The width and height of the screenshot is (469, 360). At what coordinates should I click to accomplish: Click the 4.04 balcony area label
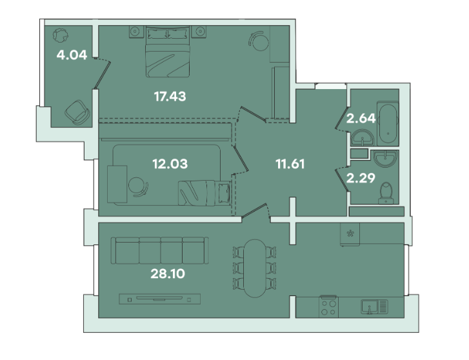coord(72,55)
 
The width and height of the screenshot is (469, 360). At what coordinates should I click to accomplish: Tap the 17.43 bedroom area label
coord(170,96)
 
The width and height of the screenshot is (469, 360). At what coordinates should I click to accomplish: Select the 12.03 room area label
coord(170,164)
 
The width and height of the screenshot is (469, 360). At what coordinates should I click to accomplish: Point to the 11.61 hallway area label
coord(290,164)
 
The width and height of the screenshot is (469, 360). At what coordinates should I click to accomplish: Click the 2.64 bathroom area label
coord(361,118)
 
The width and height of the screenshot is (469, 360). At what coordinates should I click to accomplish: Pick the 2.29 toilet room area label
coord(361,178)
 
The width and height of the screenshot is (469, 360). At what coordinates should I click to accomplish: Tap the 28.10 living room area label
coord(168,274)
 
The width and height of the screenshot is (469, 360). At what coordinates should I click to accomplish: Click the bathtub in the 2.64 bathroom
coord(388,123)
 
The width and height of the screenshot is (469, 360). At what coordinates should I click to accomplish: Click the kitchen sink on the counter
coord(374,306)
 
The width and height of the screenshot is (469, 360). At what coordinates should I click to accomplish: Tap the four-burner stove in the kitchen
coord(329,306)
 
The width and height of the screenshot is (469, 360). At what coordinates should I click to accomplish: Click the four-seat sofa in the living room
coord(160,250)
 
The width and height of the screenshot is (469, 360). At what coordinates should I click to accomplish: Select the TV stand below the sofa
coord(160,299)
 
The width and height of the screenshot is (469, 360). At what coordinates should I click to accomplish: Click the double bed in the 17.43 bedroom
coord(168,52)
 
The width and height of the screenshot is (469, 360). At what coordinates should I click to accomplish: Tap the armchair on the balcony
coord(77,112)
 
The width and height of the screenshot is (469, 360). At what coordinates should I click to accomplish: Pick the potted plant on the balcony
coord(60,35)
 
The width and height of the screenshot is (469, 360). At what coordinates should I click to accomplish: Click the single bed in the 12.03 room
coord(205,193)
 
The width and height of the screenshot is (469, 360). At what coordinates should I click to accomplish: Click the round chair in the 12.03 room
coord(138,186)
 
